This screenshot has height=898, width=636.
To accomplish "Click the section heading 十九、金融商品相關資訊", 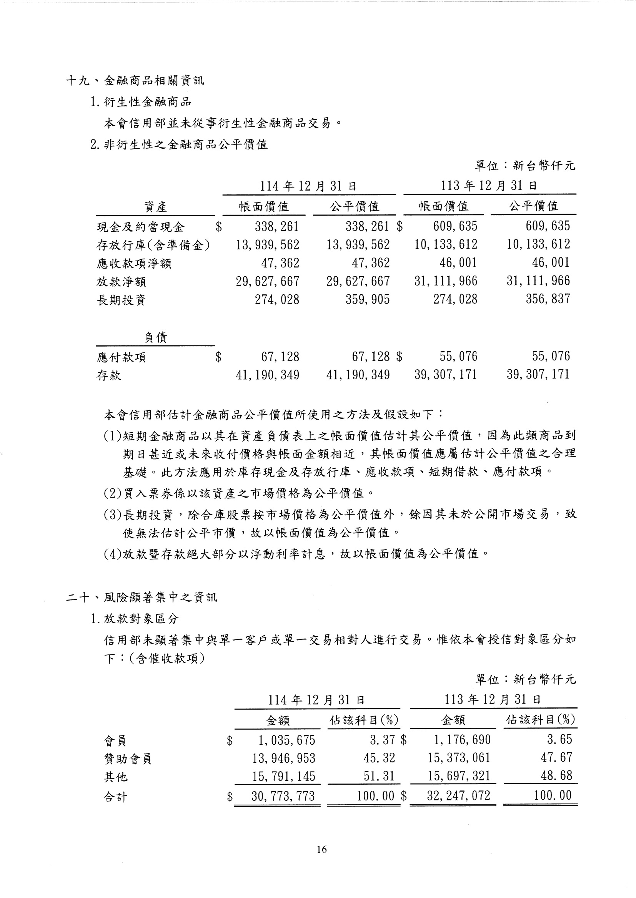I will [x=135, y=81].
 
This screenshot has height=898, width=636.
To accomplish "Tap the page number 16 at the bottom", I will [x=321, y=849].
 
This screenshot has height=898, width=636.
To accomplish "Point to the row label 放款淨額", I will [x=122, y=282].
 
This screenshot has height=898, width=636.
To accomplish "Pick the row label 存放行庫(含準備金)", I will [x=153, y=245].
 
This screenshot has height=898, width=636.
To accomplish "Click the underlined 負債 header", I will [x=156, y=337].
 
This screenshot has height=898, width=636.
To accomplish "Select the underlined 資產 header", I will [x=155, y=207].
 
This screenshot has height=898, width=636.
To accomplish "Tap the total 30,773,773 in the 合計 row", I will [x=283, y=796].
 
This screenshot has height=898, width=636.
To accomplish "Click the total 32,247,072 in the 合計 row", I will [x=458, y=795].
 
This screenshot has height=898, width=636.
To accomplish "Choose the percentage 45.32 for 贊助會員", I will [x=379, y=758].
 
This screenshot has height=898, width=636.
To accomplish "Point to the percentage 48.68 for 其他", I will [x=556, y=775].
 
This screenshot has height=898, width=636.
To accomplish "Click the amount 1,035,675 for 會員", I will [x=286, y=740].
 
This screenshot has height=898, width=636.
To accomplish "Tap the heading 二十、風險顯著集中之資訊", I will [x=142, y=598].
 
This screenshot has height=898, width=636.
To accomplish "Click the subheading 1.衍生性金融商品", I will [x=141, y=102].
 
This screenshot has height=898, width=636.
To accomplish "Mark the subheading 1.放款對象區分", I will [x=135, y=619].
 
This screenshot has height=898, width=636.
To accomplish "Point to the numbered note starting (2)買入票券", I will [x=239, y=493].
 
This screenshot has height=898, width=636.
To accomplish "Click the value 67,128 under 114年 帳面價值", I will [x=280, y=357].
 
